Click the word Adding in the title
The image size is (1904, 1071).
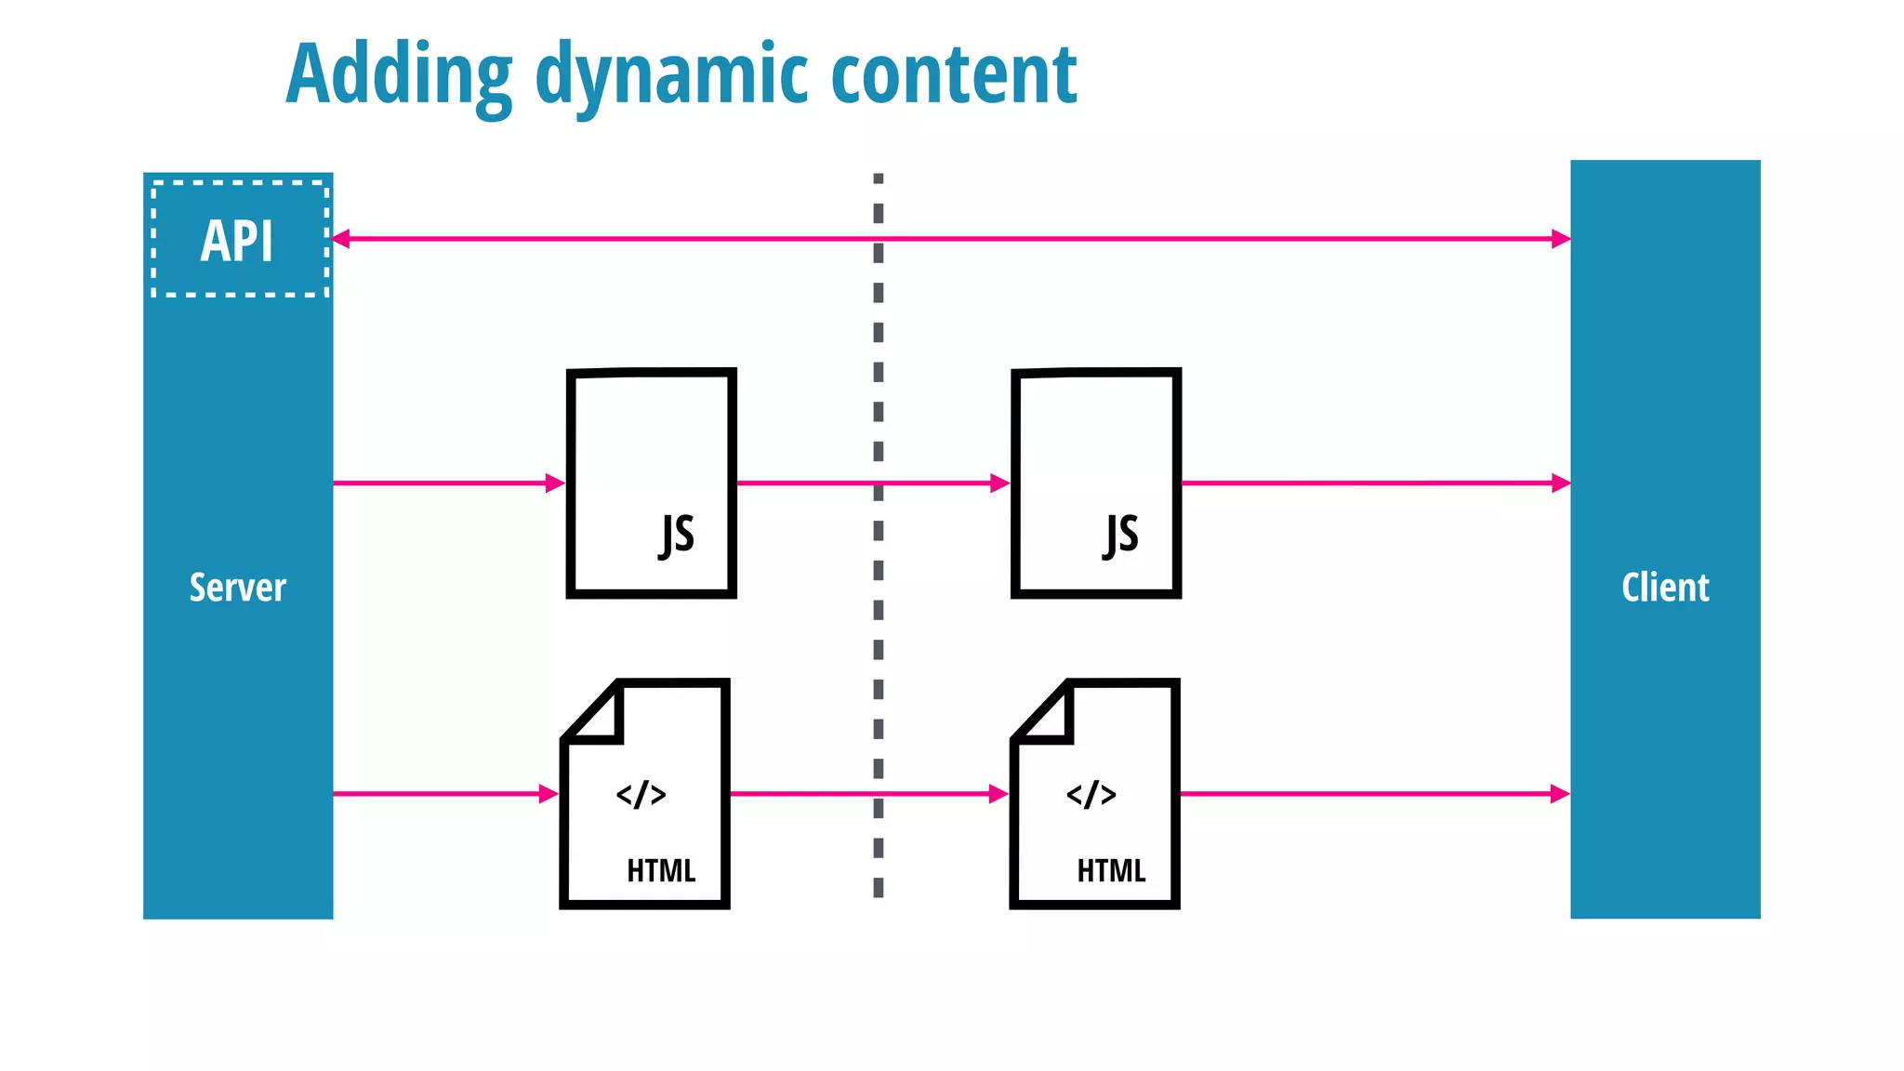click(398, 74)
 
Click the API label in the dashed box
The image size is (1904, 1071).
click(237, 241)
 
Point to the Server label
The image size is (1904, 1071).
click(237, 588)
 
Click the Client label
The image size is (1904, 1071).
click(1665, 588)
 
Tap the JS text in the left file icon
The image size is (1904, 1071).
click(677, 535)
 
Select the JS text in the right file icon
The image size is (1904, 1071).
click(1121, 535)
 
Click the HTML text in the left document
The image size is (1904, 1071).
click(661, 871)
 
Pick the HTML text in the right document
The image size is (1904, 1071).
click(1111, 871)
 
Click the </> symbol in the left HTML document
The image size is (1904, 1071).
click(641, 795)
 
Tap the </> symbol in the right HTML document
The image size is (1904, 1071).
click(1091, 795)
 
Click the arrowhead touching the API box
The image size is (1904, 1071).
click(341, 239)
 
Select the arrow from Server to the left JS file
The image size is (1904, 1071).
click(446, 483)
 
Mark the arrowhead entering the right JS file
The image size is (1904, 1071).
click(1000, 483)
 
